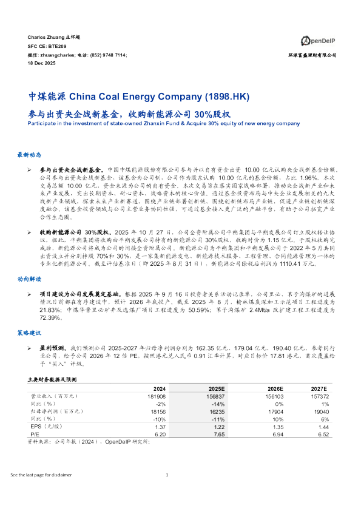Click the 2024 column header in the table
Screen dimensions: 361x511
[160, 388]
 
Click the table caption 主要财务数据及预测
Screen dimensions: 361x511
[50, 378]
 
